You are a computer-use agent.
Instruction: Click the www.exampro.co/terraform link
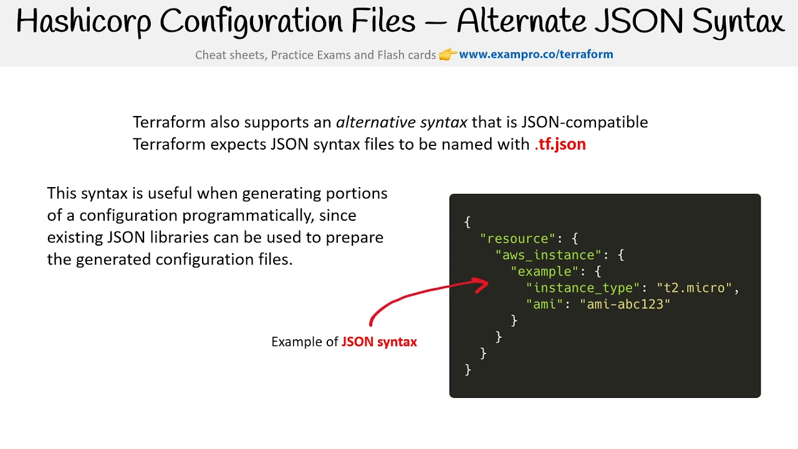536,54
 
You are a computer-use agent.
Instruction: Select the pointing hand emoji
448,55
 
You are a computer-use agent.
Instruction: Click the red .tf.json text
560,144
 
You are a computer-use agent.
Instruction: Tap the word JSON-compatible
585,122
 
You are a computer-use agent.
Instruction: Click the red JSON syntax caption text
379,342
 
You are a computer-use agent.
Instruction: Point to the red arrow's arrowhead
482,286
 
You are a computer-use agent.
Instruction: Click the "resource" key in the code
517,239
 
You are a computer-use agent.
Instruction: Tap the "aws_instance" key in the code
545,255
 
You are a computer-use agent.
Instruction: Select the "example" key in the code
545,271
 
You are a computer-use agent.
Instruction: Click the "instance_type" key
583,287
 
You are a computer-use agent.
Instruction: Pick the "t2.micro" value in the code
695,287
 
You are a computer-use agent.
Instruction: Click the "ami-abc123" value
625,304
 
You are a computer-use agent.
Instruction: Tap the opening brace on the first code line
468,223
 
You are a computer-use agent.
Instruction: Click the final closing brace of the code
468,369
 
